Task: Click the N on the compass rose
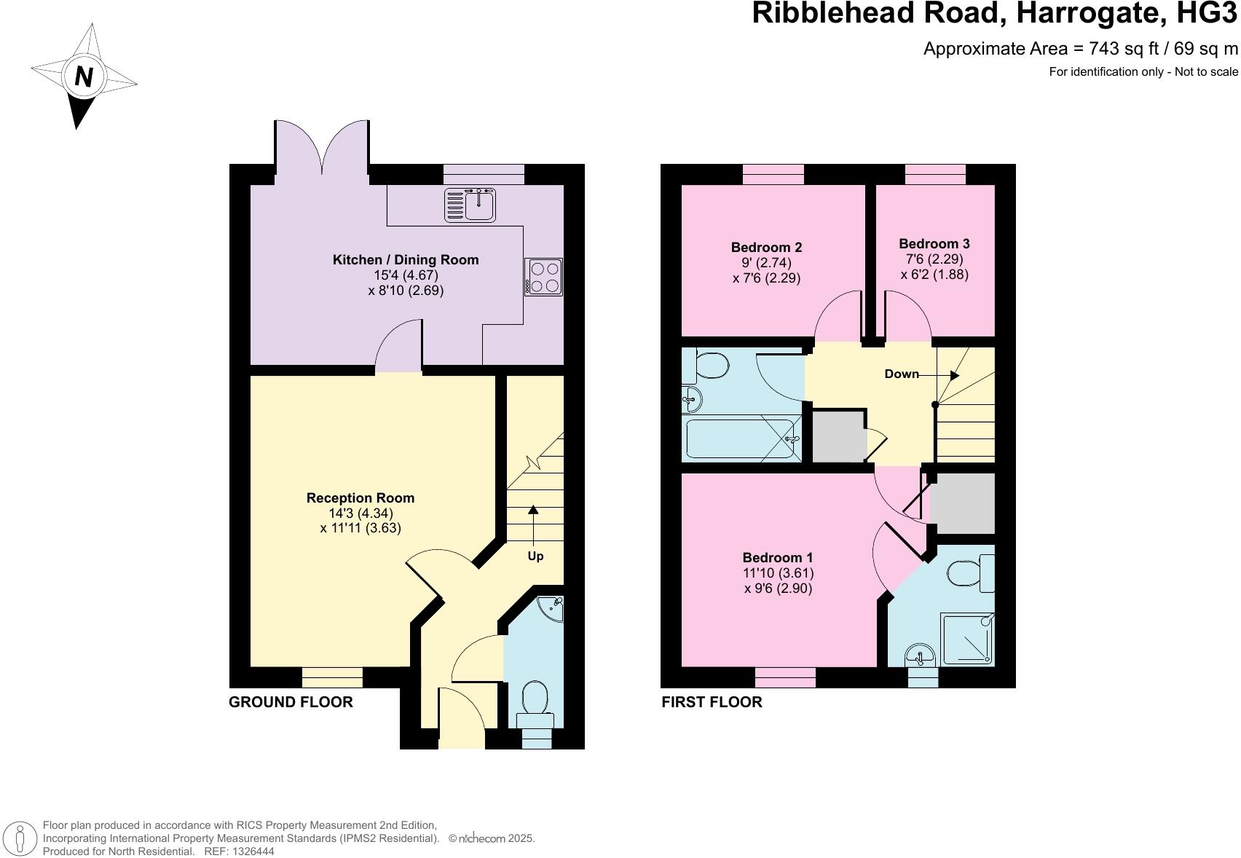coord(84,76)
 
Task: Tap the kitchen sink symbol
coord(470,204)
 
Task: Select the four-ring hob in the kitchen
coord(543,277)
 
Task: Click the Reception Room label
coord(360,498)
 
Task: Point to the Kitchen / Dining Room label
coord(406,260)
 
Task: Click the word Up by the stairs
coord(535,556)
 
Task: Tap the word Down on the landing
coord(902,374)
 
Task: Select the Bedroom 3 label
coord(934,244)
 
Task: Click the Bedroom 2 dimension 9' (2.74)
coord(766,263)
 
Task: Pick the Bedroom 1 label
coord(778,558)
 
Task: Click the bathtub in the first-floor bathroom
coord(743,439)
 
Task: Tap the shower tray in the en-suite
coord(967,639)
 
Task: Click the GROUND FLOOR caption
coord(291,702)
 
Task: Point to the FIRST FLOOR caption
coord(712,702)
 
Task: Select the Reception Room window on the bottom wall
coord(332,677)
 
